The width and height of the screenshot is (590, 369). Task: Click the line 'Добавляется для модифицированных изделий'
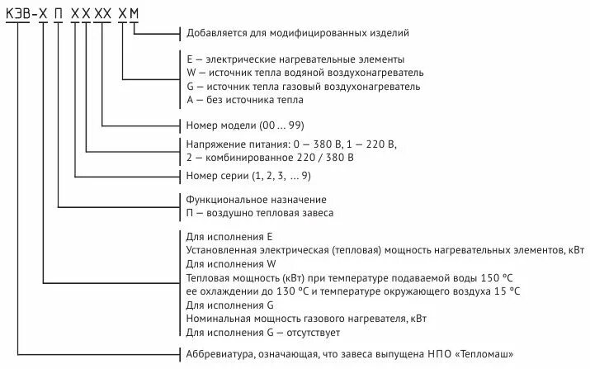click(297, 33)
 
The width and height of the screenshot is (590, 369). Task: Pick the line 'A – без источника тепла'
click(245, 100)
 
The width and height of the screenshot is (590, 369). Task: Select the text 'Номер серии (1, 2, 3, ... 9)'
click(248, 176)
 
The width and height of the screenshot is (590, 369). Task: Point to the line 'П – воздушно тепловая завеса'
click(260, 213)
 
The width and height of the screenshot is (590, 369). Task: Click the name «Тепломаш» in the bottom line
click(486, 357)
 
